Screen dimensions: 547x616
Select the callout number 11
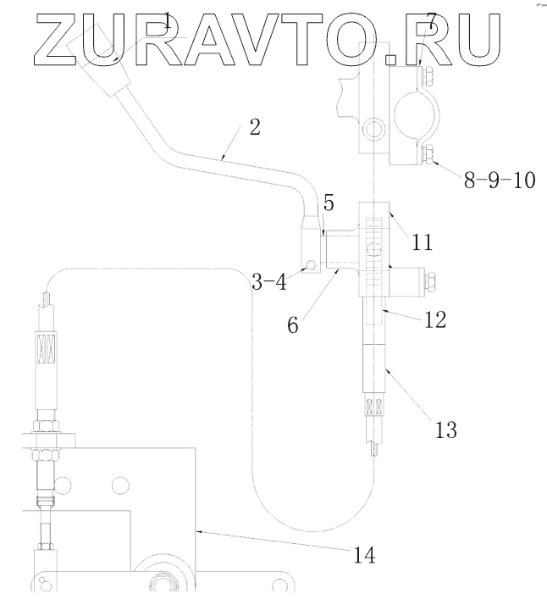(423, 242)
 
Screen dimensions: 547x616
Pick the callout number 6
(292, 325)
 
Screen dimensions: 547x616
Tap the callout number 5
(329, 203)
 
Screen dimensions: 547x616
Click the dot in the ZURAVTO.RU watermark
(390, 58)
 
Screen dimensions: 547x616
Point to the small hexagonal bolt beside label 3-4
(312, 265)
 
